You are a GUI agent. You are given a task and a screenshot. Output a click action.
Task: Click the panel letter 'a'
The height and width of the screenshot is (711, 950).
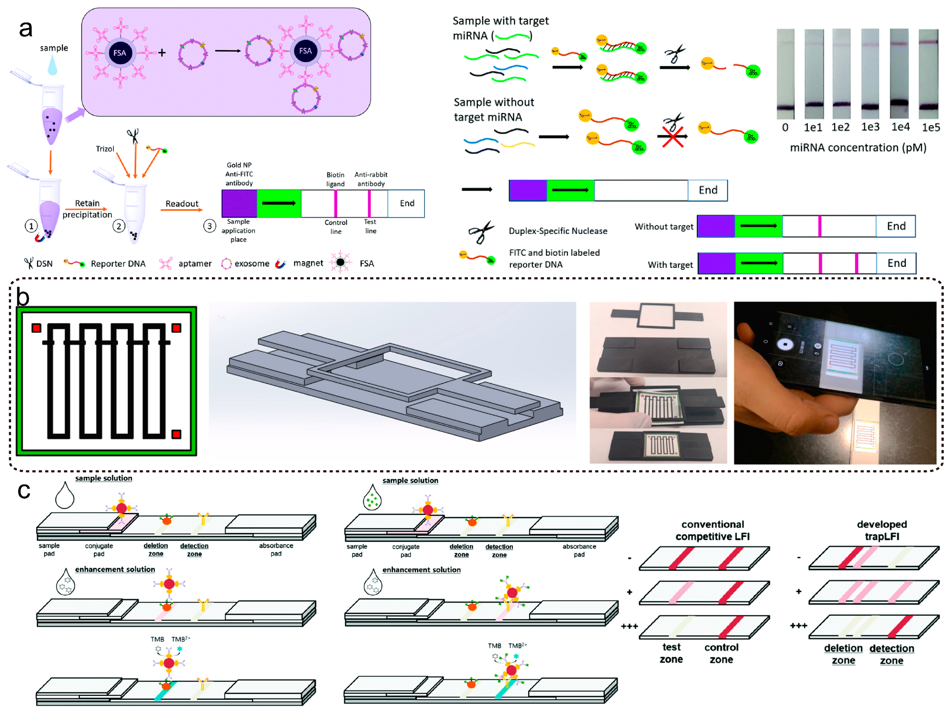pos(26,29)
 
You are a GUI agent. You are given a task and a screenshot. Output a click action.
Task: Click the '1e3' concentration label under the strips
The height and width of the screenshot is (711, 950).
pos(870,127)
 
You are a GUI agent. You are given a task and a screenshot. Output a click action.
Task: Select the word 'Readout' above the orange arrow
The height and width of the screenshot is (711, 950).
pos(182,203)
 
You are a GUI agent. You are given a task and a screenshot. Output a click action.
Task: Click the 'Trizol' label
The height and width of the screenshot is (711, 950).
pos(105,149)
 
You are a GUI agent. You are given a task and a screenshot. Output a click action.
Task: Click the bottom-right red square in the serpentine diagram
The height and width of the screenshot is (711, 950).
pos(176,434)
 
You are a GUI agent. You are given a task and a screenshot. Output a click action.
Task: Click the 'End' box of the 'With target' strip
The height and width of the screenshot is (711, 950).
pos(896,263)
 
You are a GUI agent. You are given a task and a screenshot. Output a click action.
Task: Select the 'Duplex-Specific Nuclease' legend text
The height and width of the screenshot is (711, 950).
pos(558,231)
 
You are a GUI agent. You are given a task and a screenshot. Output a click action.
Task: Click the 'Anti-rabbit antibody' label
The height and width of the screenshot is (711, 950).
pos(371,179)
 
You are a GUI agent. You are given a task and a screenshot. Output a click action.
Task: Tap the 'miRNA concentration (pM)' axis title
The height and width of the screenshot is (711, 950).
pos(858,147)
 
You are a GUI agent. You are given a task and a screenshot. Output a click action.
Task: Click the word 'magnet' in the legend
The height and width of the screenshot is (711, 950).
pos(308,263)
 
